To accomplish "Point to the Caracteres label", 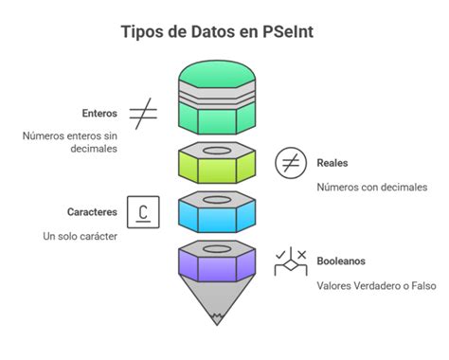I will (x=92, y=212).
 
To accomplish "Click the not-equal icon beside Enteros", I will (x=143, y=114).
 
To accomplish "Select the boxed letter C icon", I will (x=143, y=212).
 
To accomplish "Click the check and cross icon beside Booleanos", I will (x=289, y=261).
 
